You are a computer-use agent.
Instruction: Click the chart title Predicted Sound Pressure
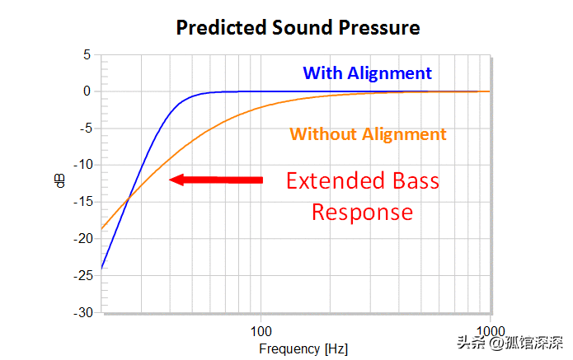298,27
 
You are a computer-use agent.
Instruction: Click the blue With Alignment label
367,72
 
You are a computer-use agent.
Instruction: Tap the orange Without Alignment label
368,133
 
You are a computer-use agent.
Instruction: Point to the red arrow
215,179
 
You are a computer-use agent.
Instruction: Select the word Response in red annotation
361,212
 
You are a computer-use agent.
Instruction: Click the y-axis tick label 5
86,55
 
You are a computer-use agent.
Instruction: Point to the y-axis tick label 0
86,91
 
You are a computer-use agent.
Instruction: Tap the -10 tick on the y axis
81,165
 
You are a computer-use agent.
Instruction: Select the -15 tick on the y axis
81,202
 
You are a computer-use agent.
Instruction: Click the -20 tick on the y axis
81,239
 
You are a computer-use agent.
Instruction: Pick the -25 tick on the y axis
81,276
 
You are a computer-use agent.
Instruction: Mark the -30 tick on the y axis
81,313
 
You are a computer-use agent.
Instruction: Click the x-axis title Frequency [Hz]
303,348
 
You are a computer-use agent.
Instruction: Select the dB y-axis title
59,183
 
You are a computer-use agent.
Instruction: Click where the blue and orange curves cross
128,198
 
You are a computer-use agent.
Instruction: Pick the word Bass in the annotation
412,181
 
